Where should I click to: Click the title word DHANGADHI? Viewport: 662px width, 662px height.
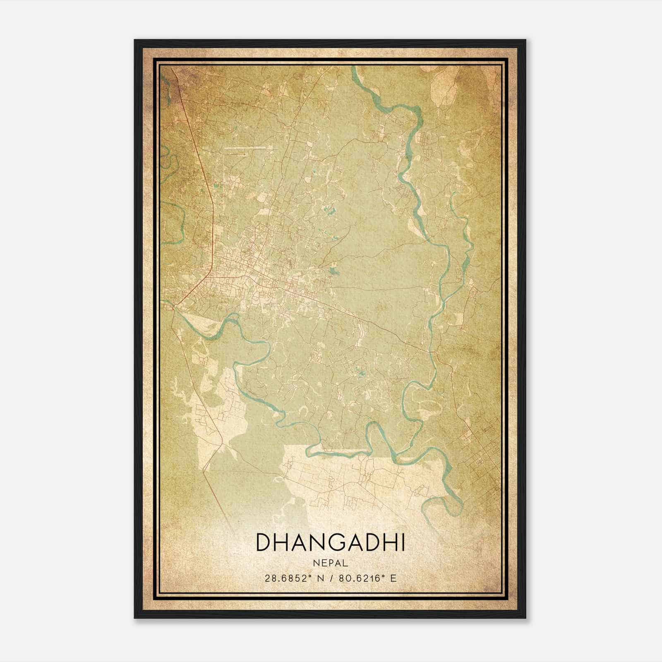[331, 542]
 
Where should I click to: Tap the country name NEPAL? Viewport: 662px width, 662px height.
[331, 563]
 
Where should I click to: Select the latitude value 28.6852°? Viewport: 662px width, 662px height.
[287, 578]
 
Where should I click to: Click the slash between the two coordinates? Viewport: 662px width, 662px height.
[331, 578]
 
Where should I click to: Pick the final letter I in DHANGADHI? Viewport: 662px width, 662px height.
[402, 542]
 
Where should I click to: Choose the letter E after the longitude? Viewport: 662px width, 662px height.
[393, 578]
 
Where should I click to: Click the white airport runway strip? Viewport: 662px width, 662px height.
[248, 147]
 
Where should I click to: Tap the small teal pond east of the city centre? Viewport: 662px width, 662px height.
[334, 272]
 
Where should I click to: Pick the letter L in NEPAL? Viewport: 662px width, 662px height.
[345, 563]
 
